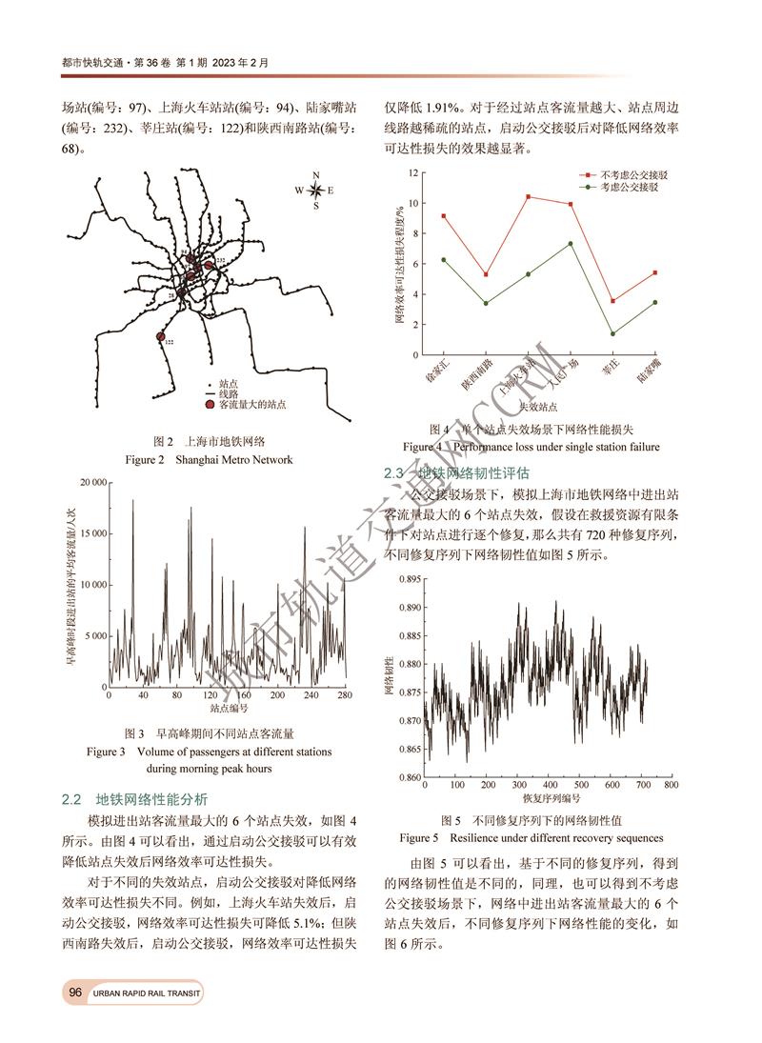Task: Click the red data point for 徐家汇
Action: pos(444,216)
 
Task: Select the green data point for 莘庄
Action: pos(612,333)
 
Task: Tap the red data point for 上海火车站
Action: pos(528,197)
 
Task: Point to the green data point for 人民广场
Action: pos(570,244)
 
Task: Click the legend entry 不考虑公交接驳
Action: pos(627,176)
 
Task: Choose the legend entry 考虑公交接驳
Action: pos(627,189)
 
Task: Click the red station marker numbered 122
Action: pos(160,335)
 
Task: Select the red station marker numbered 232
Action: pos(210,266)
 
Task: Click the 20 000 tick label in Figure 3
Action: pos(86,483)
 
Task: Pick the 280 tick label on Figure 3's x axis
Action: pos(345,695)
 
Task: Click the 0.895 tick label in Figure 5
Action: pos(406,579)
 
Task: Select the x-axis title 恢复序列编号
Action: pos(551,797)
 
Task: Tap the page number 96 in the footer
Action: pos(75,993)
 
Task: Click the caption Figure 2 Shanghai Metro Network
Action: pos(209,460)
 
